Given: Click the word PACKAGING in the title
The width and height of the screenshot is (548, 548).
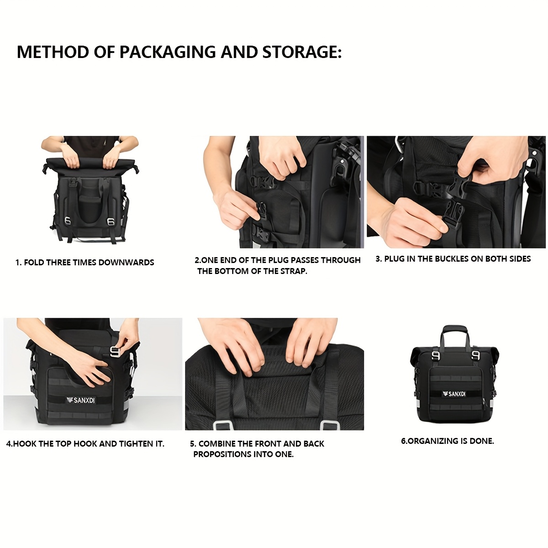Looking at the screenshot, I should [168, 52].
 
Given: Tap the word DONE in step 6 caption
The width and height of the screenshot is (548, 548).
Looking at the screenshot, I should [483, 441].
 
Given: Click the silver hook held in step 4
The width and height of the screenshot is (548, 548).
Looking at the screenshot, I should [116, 352].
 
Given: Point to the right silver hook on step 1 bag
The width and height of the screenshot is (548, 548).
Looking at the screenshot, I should [110, 221].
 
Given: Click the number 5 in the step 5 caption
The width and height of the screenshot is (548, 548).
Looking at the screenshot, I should [192, 444].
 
